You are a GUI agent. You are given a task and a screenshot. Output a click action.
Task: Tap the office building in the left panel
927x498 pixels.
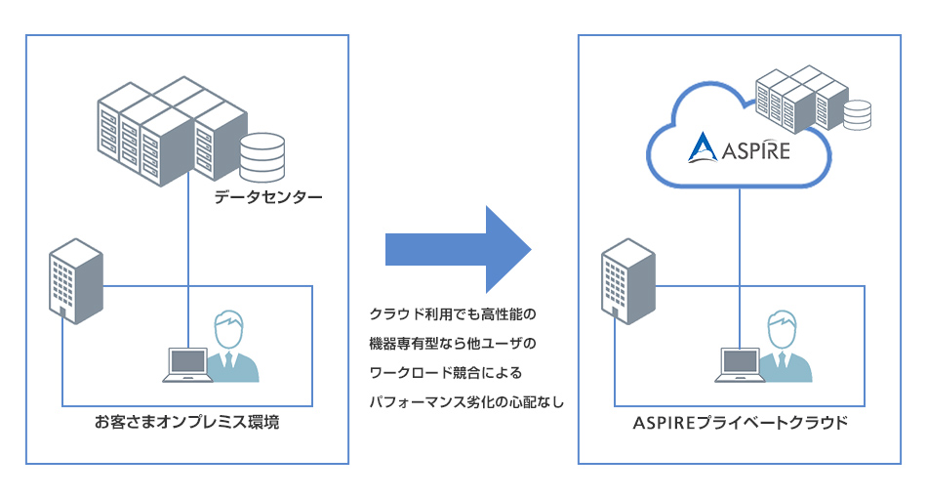pos(75,282)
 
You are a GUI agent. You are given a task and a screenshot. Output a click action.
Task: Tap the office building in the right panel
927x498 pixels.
pos(627,282)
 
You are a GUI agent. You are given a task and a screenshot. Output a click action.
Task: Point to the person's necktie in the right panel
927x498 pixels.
pos(782,365)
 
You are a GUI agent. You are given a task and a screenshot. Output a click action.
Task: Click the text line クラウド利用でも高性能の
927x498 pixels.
pos(455,314)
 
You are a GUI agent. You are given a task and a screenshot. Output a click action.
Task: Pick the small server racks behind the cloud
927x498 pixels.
pos(800,93)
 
